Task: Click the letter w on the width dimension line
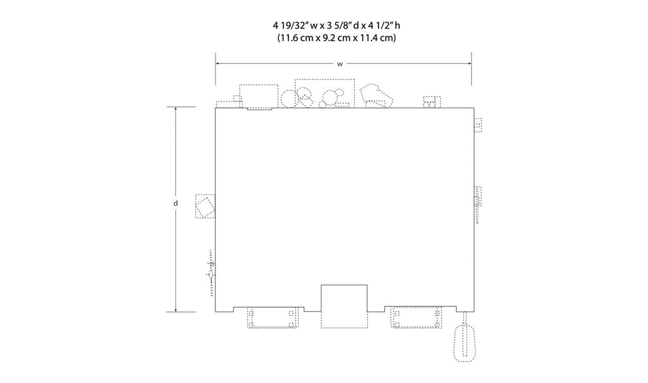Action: click(340, 64)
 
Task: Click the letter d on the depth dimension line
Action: click(176, 203)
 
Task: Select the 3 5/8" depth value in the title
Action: click(339, 26)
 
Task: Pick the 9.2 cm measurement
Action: click(340, 38)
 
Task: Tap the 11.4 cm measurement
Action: click(378, 38)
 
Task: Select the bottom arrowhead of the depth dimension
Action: click(176, 309)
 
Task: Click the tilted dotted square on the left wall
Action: click(206, 206)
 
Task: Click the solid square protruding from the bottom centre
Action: click(344, 298)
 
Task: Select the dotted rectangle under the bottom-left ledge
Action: click(273, 318)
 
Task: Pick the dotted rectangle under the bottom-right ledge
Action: click(416, 318)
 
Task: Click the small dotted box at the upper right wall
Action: click(478, 125)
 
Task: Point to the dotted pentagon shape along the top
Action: click(376, 96)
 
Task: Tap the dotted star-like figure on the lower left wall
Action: click(211, 273)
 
